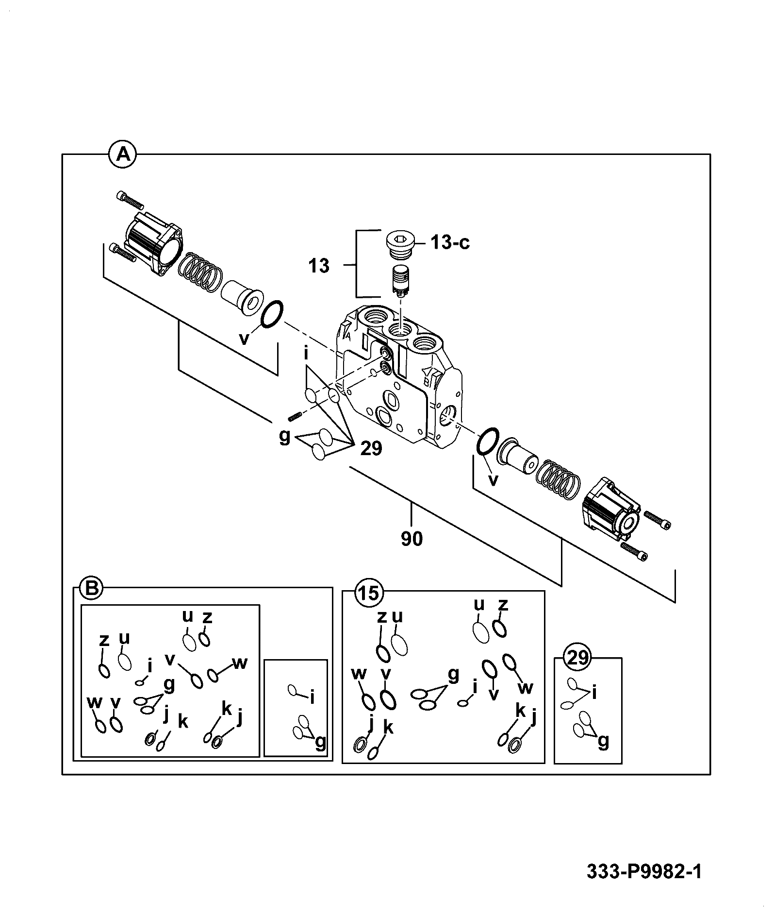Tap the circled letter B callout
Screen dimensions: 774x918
point(91,589)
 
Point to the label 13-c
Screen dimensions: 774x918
point(450,242)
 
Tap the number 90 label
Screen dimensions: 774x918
point(412,539)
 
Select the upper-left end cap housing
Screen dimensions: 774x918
point(153,245)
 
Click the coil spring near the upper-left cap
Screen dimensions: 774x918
point(199,272)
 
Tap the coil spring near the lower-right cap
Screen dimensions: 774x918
point(558,478)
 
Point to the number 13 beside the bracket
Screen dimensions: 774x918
point(319,266)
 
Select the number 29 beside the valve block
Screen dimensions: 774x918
point(371,448)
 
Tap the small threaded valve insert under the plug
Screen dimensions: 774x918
point(400,280)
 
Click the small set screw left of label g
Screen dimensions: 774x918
point(295,415)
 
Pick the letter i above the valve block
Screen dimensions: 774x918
point(306,354)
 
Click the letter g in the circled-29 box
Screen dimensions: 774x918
point(603,742)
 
